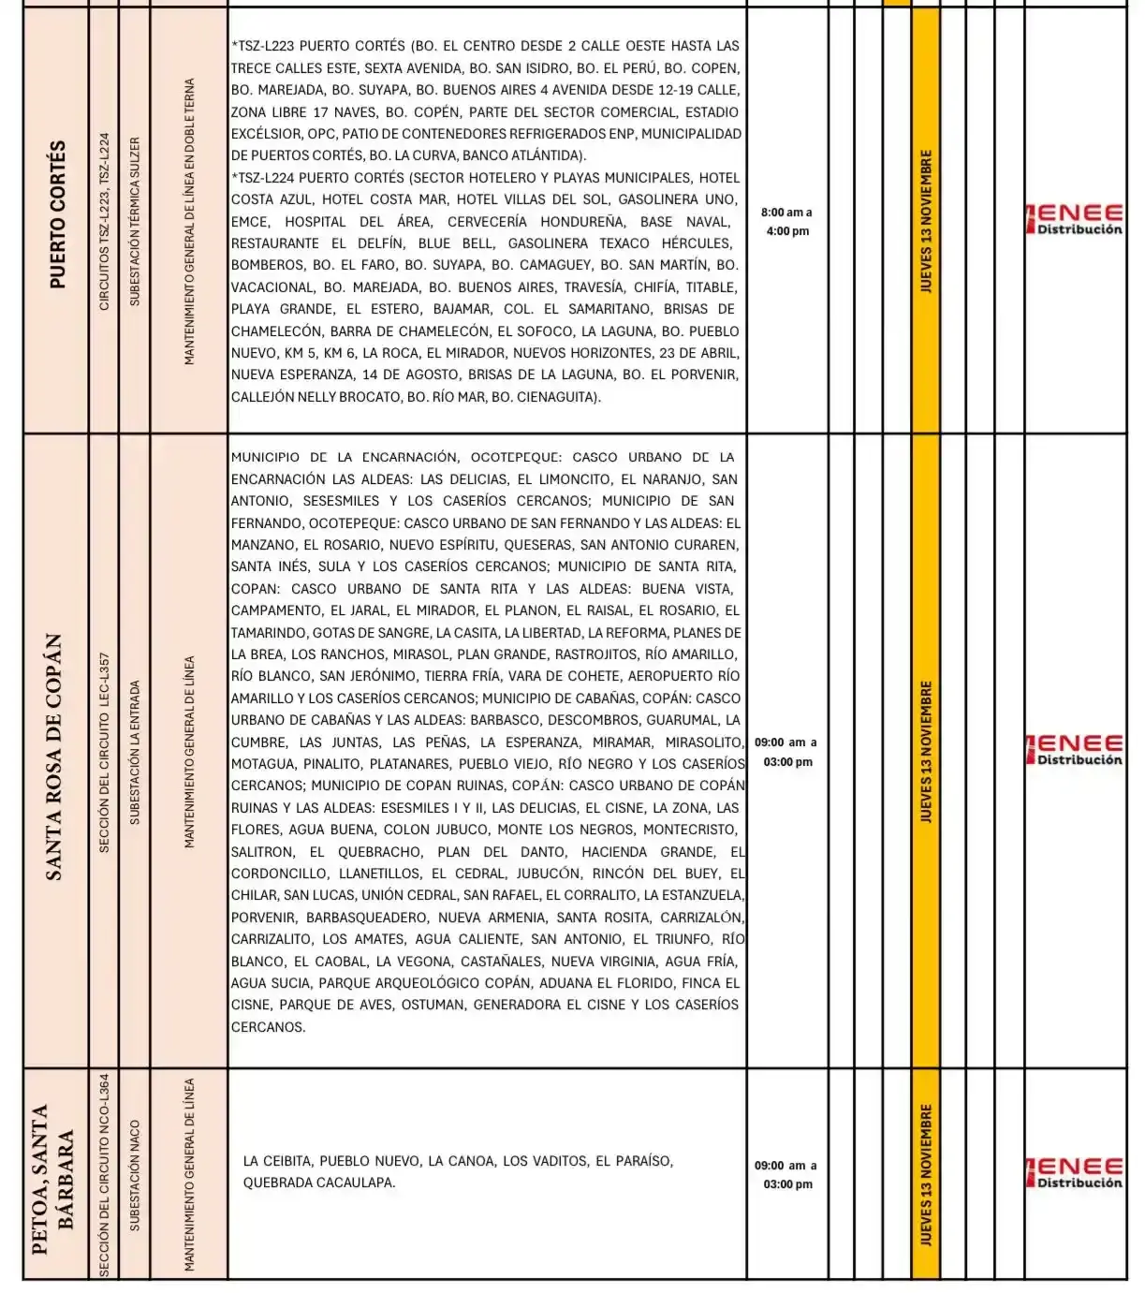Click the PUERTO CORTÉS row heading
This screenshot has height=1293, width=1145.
(57, 216)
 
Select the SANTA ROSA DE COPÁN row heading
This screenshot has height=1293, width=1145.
(55, 757)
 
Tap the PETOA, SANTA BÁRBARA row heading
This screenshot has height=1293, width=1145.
(53, 1178)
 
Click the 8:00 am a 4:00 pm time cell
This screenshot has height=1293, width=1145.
(786, 222)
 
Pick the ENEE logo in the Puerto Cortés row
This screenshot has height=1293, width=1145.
(1075, 219)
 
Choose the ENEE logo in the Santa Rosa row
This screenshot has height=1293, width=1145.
(1075, 750)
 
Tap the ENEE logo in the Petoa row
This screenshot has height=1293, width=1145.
(1075, 1172)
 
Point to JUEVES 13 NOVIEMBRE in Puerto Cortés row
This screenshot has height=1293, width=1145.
(926, 222)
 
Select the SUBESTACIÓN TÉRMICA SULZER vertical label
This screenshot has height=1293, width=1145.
(135, 222)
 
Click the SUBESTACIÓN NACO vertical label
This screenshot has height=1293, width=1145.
(135, 1175)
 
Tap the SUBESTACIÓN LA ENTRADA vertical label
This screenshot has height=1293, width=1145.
(135, 752)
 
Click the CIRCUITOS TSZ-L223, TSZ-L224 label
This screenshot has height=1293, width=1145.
(104, 222)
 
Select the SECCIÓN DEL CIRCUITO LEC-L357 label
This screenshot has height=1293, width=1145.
(104, 752)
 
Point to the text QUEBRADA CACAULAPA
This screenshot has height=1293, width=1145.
(318, 1183)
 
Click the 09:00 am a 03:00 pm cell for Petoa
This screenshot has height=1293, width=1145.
(786, 1174)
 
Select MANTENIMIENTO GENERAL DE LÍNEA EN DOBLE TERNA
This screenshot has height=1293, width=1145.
(189, 222)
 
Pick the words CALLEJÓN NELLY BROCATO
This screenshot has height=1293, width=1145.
(316, 397)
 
